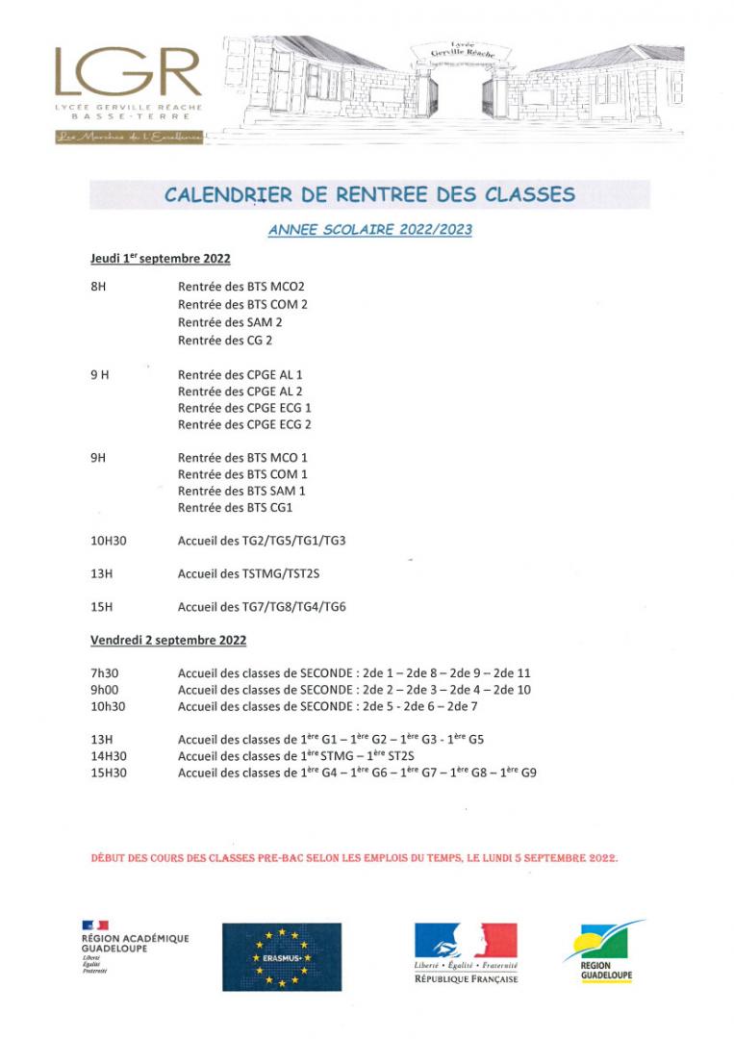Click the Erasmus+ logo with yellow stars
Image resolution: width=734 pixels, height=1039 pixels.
pyautogui.click(x=281, y=956)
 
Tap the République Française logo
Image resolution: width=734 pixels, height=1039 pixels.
pyautogui.click(x=466, y=952)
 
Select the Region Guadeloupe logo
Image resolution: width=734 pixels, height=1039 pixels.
pyautogui.click(x=602, y=953)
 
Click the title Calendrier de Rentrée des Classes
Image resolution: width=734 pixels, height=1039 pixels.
pyautogui.click(x=369, y=194)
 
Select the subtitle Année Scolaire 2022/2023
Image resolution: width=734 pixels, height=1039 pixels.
pyautogui.click(x=369, y=230)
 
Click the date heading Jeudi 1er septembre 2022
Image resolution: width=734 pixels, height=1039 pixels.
pyautogui.click(x=160, y=259)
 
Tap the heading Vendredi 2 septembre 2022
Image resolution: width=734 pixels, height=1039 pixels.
pyautogui.click(x=168, y=640)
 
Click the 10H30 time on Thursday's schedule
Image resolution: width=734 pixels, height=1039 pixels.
pyautogui.click(x=108, y=541)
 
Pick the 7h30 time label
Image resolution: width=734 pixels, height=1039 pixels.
pyautogui.click(x=104, y=673)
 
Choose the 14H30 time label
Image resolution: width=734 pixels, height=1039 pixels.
pyautogui.click(x=108, y=755)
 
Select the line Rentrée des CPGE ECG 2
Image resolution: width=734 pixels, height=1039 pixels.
pyautogui.click(x=244, y=424)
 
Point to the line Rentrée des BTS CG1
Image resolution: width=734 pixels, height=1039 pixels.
pyautogui.click(x=235, y=507)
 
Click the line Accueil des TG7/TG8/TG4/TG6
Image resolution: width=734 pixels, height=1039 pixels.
pyautogui.click(x=262, y=607)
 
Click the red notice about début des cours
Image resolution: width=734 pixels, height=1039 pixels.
pyautogui.click(x=354, y=856)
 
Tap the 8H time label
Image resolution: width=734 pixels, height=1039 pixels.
pyautogui.click(x=98, y=287)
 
